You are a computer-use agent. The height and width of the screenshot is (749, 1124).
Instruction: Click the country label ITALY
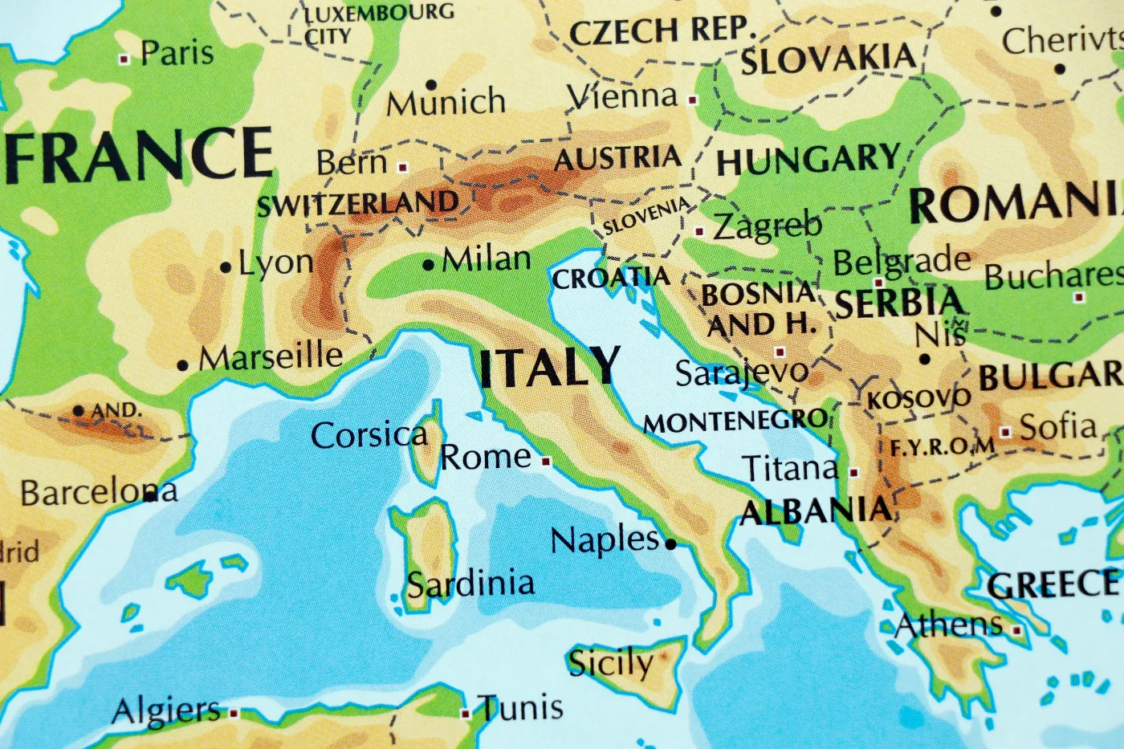550,368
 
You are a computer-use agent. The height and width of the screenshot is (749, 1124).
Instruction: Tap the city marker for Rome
546,461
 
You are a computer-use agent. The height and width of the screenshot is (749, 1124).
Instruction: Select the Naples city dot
671,543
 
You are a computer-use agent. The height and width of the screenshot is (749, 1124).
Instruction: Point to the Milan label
487,259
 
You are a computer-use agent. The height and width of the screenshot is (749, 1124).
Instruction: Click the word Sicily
610,663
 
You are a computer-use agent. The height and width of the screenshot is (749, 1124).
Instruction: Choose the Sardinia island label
470,584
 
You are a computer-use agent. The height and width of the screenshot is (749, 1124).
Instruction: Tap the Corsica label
369,435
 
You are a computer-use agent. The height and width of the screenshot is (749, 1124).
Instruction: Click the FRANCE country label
140,154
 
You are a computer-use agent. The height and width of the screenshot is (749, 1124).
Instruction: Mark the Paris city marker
124,59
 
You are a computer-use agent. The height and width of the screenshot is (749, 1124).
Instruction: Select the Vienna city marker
693,100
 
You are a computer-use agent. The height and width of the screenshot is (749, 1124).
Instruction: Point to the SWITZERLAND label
358,205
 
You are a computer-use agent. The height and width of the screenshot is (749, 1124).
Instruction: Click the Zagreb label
768,226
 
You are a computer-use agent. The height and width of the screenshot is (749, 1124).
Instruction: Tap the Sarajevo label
742,372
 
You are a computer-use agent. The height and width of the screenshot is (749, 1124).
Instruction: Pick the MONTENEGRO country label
735,421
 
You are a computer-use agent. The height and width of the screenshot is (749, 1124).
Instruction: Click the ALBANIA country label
817,511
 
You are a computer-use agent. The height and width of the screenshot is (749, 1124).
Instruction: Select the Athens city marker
1017,631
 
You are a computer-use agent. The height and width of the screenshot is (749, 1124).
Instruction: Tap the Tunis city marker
466,713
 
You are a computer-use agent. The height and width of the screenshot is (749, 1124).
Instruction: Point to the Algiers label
166,710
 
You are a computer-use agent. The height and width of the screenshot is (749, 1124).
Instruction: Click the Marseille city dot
183,365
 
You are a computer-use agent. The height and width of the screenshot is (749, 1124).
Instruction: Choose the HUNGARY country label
808,159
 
